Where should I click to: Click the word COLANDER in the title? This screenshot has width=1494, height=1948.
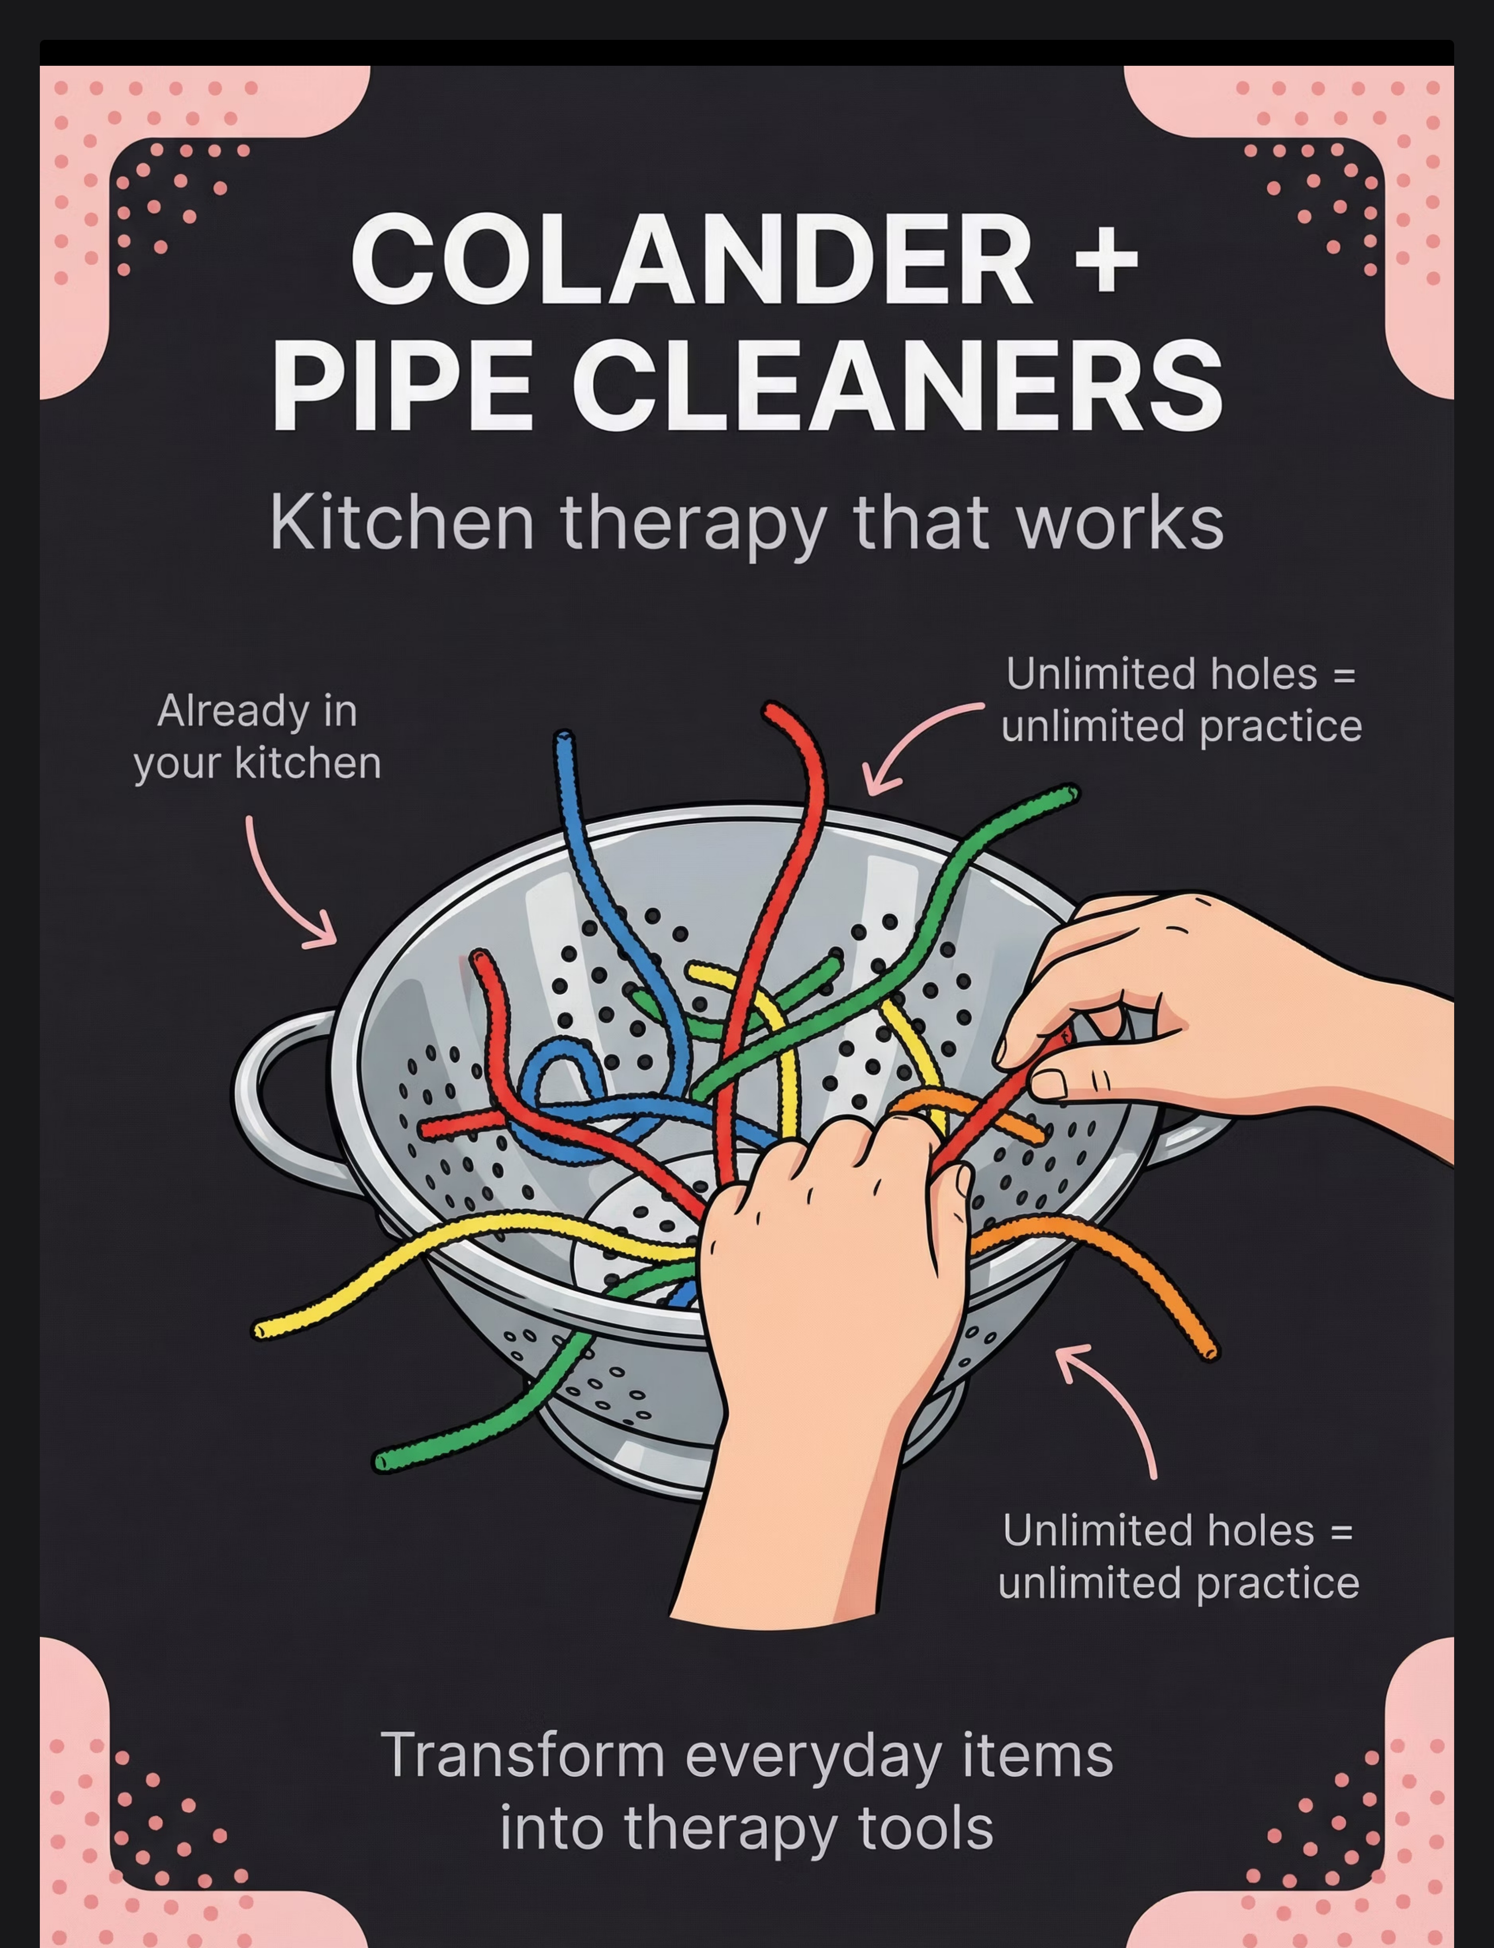pyautogui.click(x=692, y=260)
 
